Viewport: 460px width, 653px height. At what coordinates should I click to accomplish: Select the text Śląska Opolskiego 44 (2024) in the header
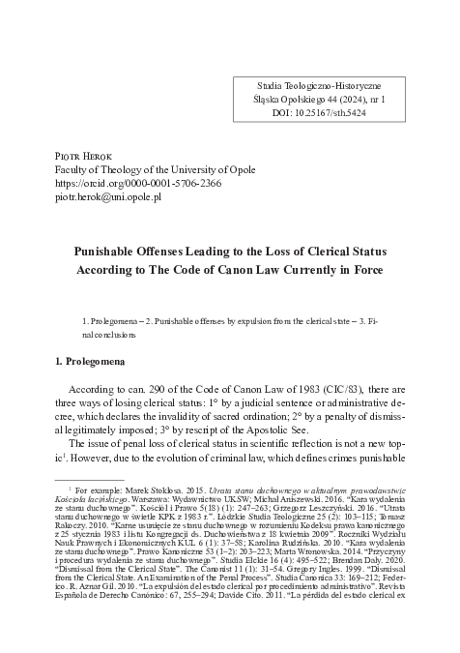310,98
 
